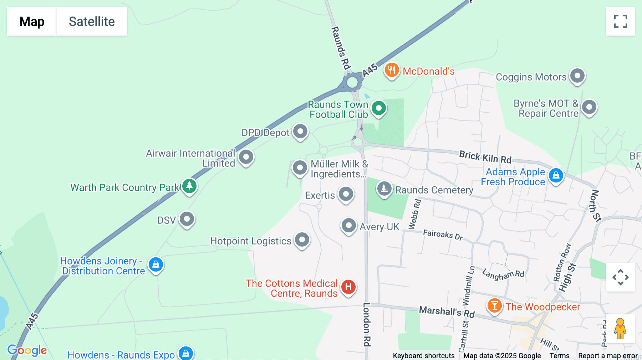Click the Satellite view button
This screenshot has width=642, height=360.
[x=92, y=21]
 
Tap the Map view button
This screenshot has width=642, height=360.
[x=32, y=21]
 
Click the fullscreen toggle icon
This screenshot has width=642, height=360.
[x=620, y=21]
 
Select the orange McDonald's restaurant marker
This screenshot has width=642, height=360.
[x=391, y=70]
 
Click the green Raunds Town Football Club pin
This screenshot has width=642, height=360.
[x=378, y=108]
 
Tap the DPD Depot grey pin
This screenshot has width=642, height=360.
[x=300, y=132]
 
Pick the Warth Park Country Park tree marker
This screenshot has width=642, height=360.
[x=189, y=186]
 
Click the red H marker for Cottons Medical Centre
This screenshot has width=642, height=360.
[x=348, y=287]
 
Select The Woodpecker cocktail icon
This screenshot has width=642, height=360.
[x=494, y=305]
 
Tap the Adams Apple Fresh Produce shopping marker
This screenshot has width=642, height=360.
[x=556, y=175]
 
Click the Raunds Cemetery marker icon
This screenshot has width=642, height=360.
[x=384, y=189]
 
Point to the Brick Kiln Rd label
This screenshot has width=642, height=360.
[x=485, y=157]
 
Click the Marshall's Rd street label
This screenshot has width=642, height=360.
[x=447, y=312]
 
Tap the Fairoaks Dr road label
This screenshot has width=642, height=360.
[x=443, y=235]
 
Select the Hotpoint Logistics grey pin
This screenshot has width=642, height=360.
[x=302, y=240]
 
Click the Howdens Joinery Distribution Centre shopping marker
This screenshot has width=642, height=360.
[x=156, y=264]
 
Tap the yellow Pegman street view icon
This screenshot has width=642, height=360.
[x=620, y=329]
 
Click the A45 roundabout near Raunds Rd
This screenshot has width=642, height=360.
[x=352, y=82]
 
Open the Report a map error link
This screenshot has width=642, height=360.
[x=608, y=356]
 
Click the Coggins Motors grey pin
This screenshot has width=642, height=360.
[x=577, y=76]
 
